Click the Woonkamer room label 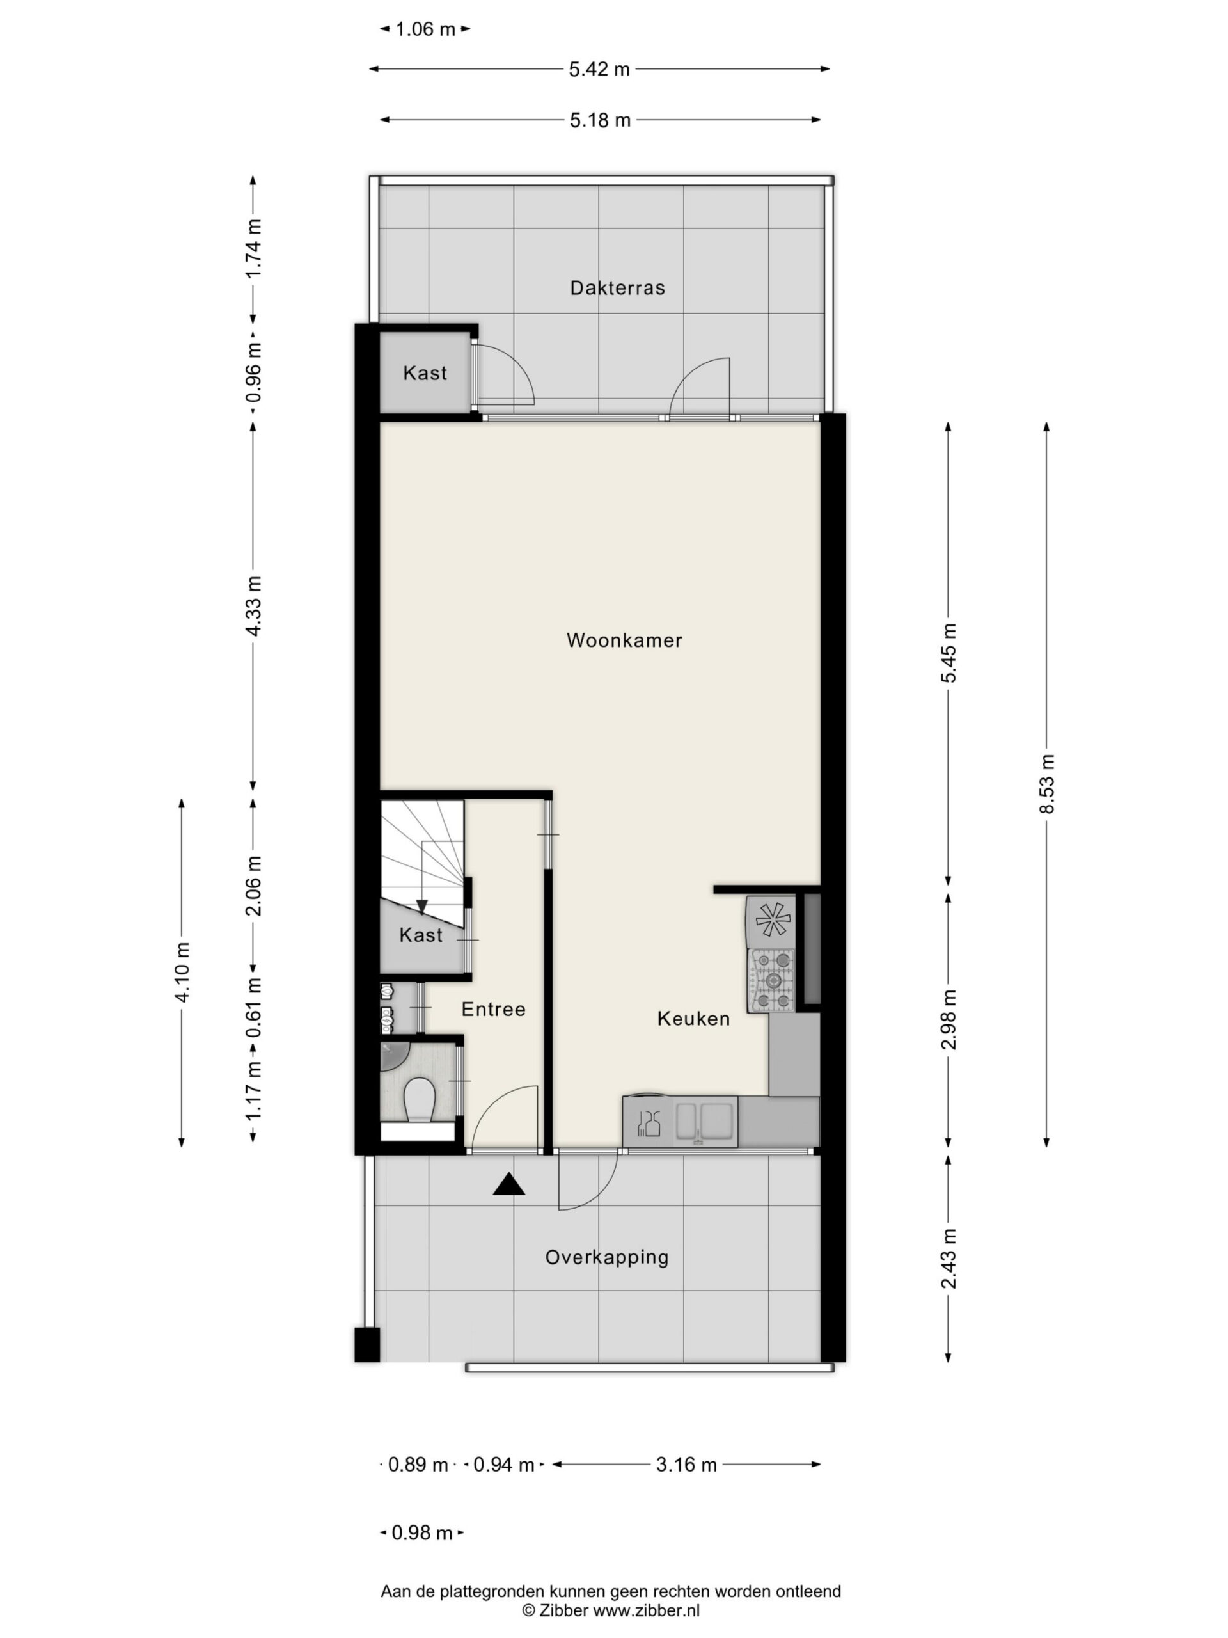coord(624,640)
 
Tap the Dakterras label coord(617,287)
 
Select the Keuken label coord(693,1018)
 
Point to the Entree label coord(493,1008)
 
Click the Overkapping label coord(607,1257)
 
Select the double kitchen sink coord(705,1120)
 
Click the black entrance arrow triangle coord(509,1185)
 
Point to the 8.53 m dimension coord(1046,783)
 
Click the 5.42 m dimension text coord(599,69)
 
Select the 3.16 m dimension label coord(686,1464)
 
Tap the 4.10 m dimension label coord(182,971)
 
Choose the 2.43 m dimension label coord(949,1258)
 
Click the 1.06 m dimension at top coord(425,29)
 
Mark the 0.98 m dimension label coord(421,1533)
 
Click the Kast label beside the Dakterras coord(425,372)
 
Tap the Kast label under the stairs coord(420,935)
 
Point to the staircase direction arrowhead coord(422,907)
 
